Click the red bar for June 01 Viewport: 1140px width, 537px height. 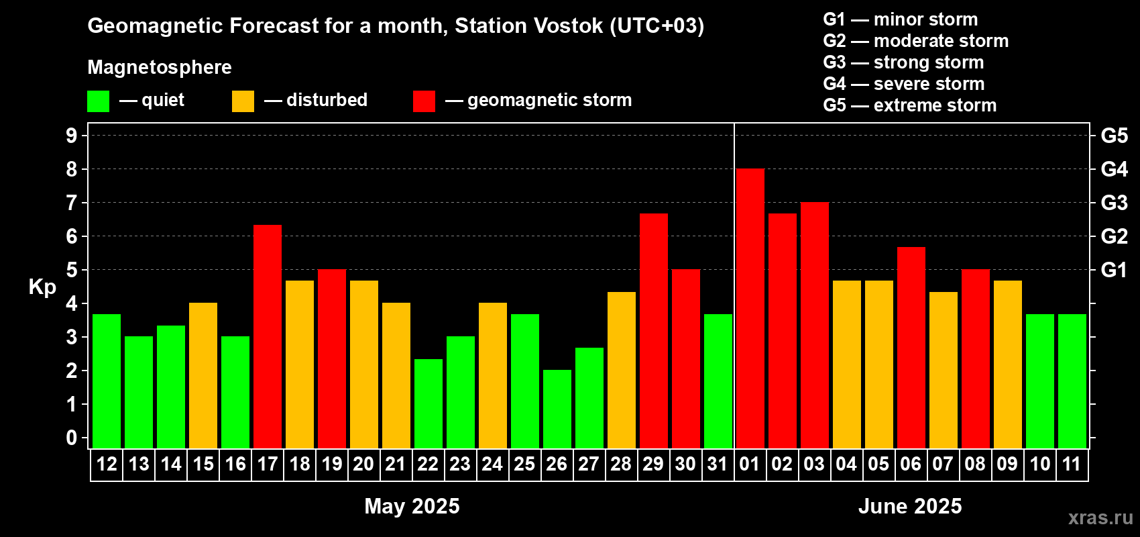[750, 308]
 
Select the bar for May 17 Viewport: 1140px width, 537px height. [268, 336]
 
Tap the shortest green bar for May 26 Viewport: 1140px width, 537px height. [557, 409]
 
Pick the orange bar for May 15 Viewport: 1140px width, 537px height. [203, 375]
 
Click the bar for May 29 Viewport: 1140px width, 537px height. [654, 331]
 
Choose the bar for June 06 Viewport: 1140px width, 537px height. [911, 348]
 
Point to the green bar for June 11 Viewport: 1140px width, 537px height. [1072, 381]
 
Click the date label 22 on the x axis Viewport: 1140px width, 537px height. [428, 464]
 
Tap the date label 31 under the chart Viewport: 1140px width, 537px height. [718, 464]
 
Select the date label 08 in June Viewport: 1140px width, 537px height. [975, 464]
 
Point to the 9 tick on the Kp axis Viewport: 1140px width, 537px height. [71, 136]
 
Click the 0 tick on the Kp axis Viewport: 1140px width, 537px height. [71, 438]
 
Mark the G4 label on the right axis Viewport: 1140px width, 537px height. [1115, 169]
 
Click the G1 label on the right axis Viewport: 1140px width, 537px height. [1115, 270]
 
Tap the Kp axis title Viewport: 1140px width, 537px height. [42, 287]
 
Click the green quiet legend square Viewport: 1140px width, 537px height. [98, 101]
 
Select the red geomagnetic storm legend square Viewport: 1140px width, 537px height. [424, 101]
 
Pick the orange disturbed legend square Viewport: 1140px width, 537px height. [243, 101]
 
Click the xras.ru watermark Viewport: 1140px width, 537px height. [1100, 518]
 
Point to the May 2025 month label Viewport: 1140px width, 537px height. [412, 506]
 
